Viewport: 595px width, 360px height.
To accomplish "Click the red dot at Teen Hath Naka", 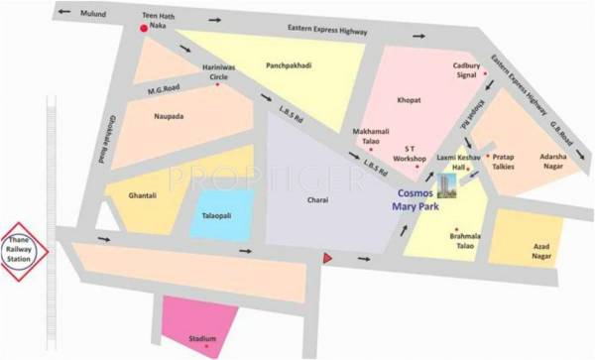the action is (145, 29).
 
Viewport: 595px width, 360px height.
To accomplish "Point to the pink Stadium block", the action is (201, 327).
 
